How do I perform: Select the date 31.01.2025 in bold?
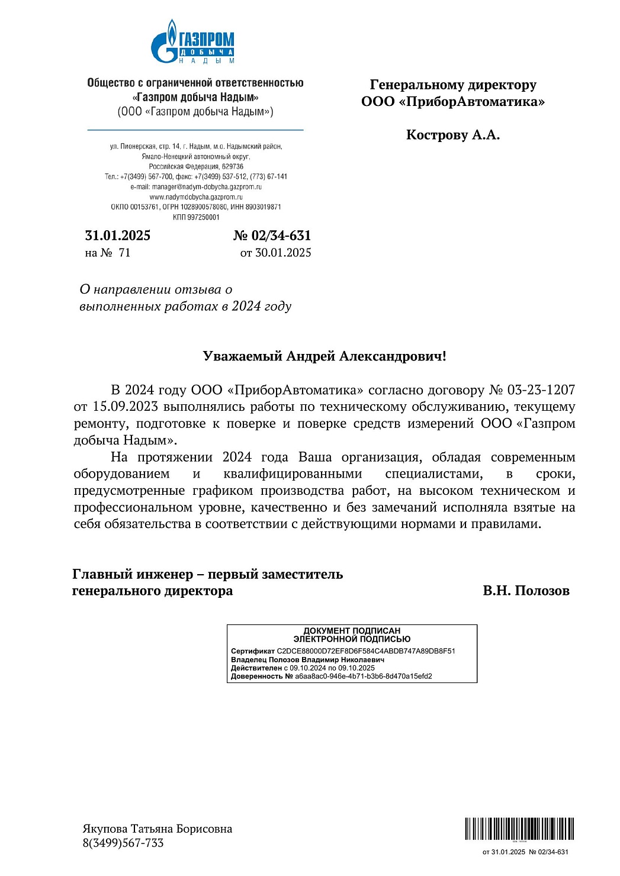click(118, 236)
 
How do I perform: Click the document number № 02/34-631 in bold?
click(272, 236)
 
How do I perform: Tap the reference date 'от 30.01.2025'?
click(275, 253)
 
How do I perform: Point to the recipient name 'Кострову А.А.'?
click(452, 135)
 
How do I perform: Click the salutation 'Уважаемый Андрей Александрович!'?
click(324, 356)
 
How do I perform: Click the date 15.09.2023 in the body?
click(125, 407)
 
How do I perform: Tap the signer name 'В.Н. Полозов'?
click(526, 591)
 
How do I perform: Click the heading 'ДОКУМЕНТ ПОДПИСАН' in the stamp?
click(352, 631)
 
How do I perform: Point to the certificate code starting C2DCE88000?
click(366, 651)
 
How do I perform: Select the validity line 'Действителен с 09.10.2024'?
click(303, 668)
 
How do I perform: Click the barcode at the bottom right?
click(519, 829)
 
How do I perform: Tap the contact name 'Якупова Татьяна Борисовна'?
click(157, 829)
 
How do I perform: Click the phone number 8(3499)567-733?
click(123, 843)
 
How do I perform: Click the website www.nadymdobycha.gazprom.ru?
click(196, 197)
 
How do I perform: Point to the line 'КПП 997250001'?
click(196, 217)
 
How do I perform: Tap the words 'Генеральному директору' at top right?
click(453, 85)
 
